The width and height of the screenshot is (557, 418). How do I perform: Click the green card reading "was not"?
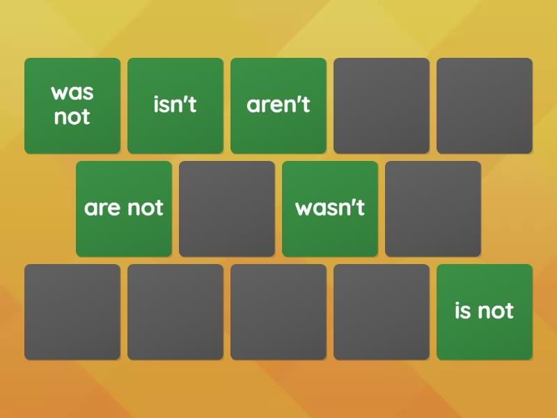(x=72, y=105)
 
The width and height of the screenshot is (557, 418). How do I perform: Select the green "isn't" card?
(x=175, y=105)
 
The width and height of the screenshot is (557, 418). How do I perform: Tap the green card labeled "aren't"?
(x=278, y=105)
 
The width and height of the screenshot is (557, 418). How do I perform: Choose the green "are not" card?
(x=124, y=208)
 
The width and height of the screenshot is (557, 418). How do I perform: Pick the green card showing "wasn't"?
(x=330, y=208)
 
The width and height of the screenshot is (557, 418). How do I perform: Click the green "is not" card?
(x=485, y=311)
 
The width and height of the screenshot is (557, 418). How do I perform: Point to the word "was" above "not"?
(x=72, y=93)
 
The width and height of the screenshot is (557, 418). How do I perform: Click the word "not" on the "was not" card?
(x=72, y=117)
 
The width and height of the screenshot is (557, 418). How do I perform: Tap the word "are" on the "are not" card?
(x=102, y=208)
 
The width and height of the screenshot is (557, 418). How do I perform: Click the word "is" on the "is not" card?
(x=462, y=311)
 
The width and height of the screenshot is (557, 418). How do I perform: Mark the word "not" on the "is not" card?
(x=495, y=311)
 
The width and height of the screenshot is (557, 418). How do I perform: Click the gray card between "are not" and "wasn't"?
(x=227, y=208)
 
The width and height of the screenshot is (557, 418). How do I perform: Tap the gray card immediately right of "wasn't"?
(x=433, y=208)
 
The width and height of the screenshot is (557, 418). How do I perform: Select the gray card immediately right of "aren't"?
(x=382, y=105)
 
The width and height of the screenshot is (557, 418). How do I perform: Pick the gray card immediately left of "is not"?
(x=382, y=311)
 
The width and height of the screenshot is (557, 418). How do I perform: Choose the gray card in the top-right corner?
(x=485, y=105)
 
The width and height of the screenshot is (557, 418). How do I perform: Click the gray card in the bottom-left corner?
(x=72, y=311)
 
